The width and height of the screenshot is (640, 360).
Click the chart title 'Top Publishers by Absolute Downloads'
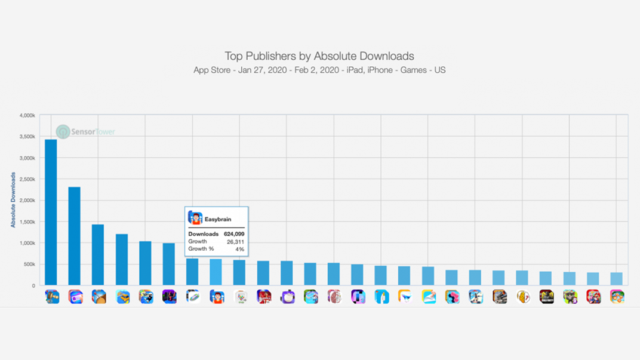[319, 56]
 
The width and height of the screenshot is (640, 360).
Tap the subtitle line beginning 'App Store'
[319, 70]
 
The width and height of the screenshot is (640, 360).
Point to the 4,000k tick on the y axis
[27, 115]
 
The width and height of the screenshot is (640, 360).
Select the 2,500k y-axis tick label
[27, 179]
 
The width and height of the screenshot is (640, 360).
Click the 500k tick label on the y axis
[29, 264]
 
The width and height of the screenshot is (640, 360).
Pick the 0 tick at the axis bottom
[34, 286]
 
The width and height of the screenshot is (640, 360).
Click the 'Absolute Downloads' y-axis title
[13, 200]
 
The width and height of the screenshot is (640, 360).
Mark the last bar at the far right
[617, 279]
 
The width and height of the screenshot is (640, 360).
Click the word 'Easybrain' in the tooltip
[218, 219]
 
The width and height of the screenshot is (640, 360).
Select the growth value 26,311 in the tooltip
[235, 242]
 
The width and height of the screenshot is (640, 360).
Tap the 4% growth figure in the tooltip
[239, 249]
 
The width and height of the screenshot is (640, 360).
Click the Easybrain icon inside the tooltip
[195, 218]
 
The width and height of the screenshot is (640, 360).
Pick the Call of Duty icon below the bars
[546, 297]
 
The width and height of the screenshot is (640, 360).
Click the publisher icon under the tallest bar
[52, 297]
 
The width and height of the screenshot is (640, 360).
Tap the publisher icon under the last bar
[617, 297]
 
